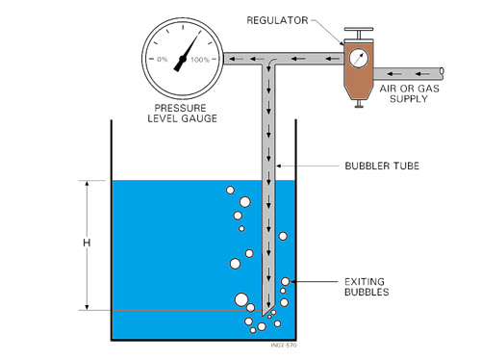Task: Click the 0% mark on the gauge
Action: point(162,60)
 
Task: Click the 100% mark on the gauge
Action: point(200,60)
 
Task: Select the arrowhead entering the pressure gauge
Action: point(230,60)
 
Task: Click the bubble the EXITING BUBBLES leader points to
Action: point(285,280)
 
